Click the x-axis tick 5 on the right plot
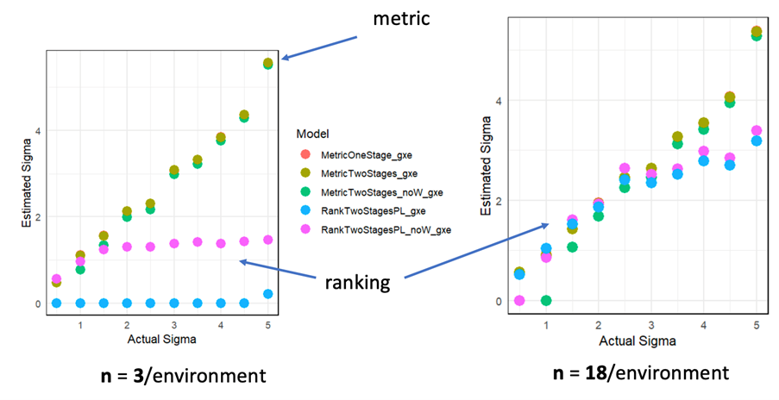pos(757,323)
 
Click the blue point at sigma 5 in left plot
pos(267,294)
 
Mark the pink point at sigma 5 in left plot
pos(267,240)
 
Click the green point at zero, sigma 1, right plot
pos(546,300)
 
